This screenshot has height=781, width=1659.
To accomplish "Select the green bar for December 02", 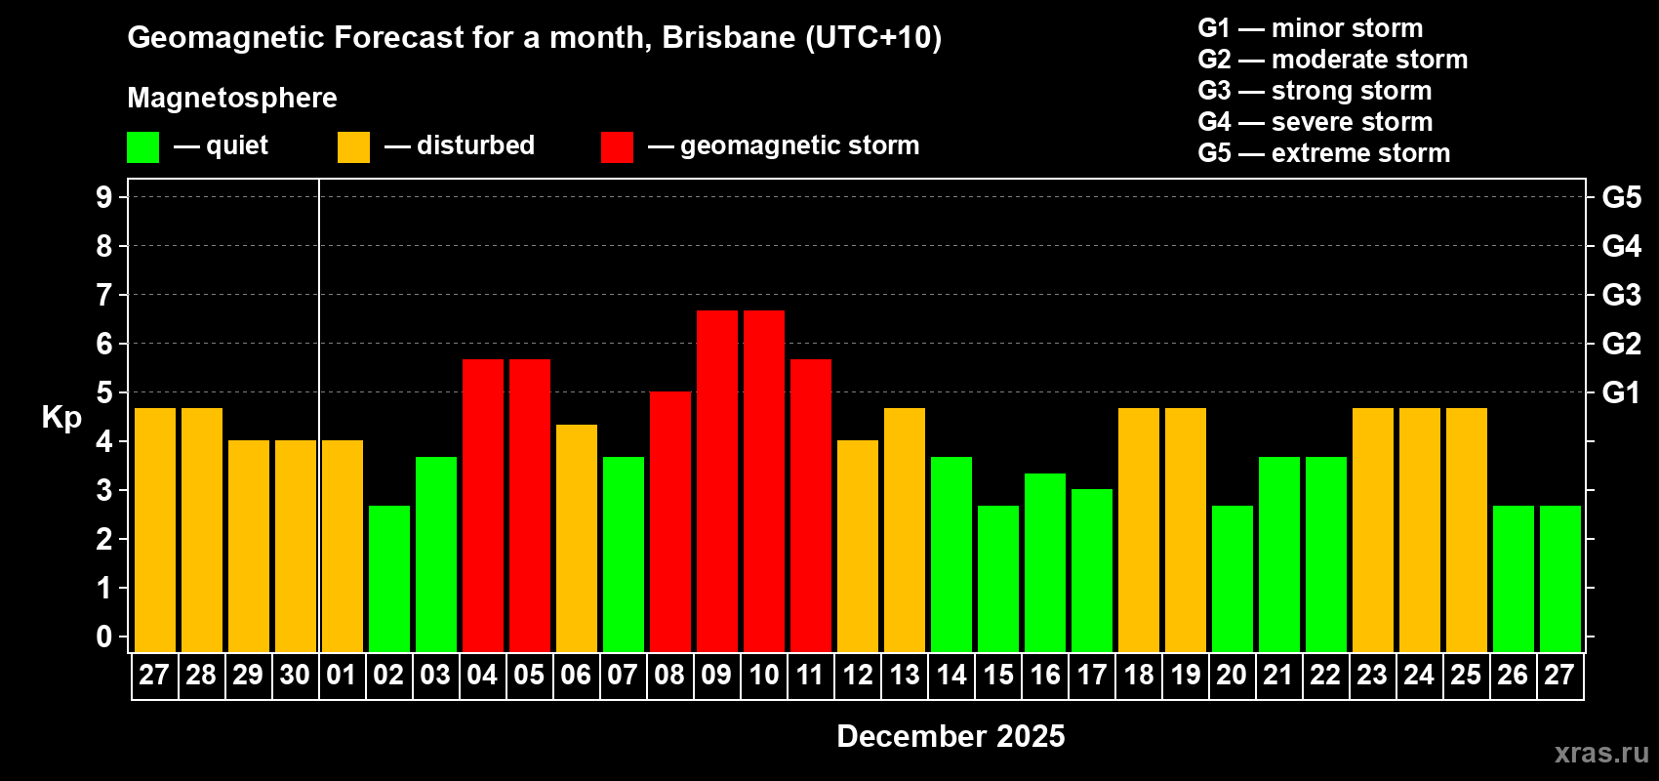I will coord(389,578).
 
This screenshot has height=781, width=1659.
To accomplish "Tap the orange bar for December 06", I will coord(577,538).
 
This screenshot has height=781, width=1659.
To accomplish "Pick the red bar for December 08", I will coord(670,521).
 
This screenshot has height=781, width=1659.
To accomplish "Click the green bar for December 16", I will coord(1045,562).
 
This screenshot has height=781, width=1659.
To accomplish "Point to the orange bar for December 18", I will coord(1139,529).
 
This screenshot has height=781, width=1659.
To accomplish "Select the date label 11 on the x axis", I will coord(810,676).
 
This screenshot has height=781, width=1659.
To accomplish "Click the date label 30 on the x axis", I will coord(295,676).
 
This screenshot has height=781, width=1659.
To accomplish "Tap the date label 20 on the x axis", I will coord(1232,676).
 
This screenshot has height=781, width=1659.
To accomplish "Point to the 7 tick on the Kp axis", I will coord(104,295).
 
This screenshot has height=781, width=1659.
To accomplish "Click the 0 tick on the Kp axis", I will coord(104,637).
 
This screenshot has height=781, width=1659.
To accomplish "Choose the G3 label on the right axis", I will coord(1621,295).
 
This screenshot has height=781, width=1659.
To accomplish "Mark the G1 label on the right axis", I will coord(1621,392).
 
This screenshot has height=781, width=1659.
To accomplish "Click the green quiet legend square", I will coord(143,147).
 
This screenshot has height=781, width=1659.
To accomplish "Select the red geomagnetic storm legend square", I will coord(618,147).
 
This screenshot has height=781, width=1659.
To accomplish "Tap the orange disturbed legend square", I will coord(353,147).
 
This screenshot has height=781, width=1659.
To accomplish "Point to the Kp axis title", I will coord(61,417).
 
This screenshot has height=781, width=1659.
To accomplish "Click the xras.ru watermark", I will coord(1601,752).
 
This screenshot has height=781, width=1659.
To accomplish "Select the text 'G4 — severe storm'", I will coord(1315,122).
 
